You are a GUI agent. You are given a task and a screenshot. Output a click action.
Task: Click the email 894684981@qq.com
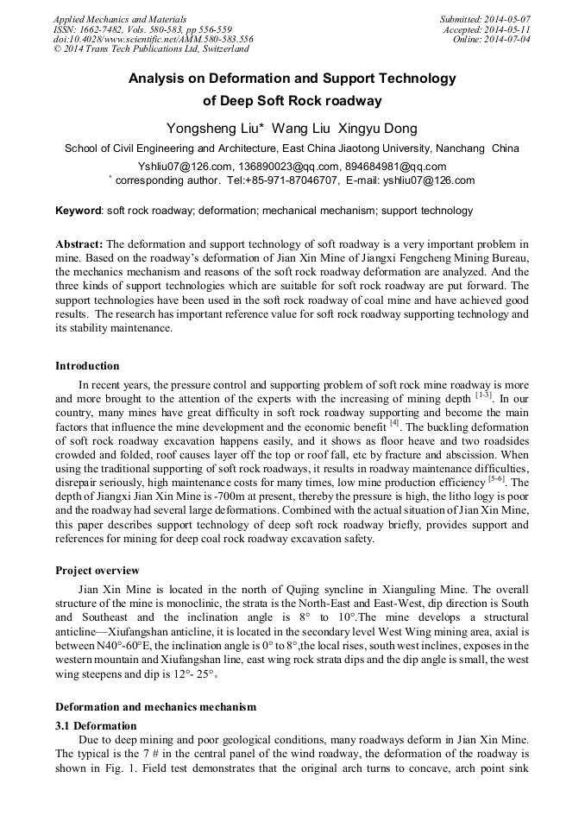(x=398, y=167)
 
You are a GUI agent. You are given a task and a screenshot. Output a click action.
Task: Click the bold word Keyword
(x=79, y=211)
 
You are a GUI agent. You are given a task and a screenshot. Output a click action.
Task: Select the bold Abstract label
(x=79, y=244)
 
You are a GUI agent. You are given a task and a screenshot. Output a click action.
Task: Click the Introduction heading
(x=87, y=366)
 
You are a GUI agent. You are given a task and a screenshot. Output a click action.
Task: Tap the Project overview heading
(x=97, y=571)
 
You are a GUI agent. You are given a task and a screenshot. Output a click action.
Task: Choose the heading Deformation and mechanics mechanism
(x=155, y=706)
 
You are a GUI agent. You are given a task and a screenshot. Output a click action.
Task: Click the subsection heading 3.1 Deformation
(x=96, y=725)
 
